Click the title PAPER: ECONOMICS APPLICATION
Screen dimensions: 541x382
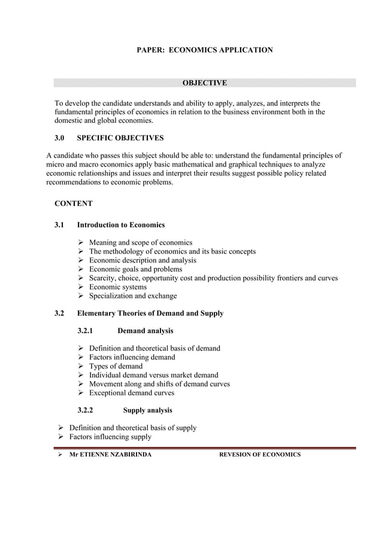(205, 50)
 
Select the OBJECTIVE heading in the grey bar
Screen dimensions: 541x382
(204, 83)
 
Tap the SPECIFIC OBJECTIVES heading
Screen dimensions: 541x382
(120, 138)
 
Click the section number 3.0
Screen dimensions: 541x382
(60, 138)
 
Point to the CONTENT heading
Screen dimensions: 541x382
(74, 204)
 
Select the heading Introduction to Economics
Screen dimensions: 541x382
(121, 225)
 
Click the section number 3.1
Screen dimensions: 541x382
(60, 225)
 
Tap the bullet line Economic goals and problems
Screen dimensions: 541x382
(135, 269)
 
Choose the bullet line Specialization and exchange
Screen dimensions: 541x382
(133, 296)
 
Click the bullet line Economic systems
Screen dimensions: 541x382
(117, 287)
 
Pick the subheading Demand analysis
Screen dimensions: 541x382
(145, 331)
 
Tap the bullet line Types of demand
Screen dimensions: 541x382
(116, 366)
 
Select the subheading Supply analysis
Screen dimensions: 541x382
(147, 410)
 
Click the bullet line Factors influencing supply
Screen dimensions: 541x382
(110, 437)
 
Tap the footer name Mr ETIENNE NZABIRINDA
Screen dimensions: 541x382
(110, 455)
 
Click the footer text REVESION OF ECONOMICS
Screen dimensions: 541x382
(260, 455)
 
